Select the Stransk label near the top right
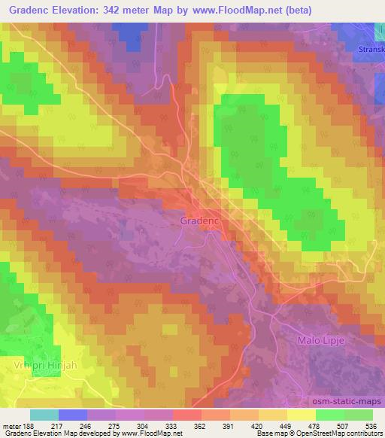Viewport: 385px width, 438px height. [371, 51]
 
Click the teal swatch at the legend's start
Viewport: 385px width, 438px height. [44, 415]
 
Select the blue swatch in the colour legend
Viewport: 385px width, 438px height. [73, 415]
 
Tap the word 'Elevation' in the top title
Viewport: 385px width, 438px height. [77, 10]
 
